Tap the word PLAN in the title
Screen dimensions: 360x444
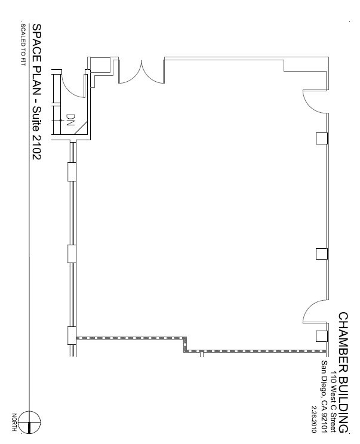click(36, 80)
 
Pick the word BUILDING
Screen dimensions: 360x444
click(343, 405)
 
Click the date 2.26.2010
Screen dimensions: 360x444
click(314, 420)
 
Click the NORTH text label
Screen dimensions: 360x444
click(14, 422)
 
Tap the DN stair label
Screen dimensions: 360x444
click(70, 120)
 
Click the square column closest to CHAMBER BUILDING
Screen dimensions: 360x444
click(322, 336)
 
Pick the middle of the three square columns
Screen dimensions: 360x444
click(322, 254)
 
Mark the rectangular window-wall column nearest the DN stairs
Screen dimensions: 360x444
click(72, 172)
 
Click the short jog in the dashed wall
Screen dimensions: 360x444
click(185, 344)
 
